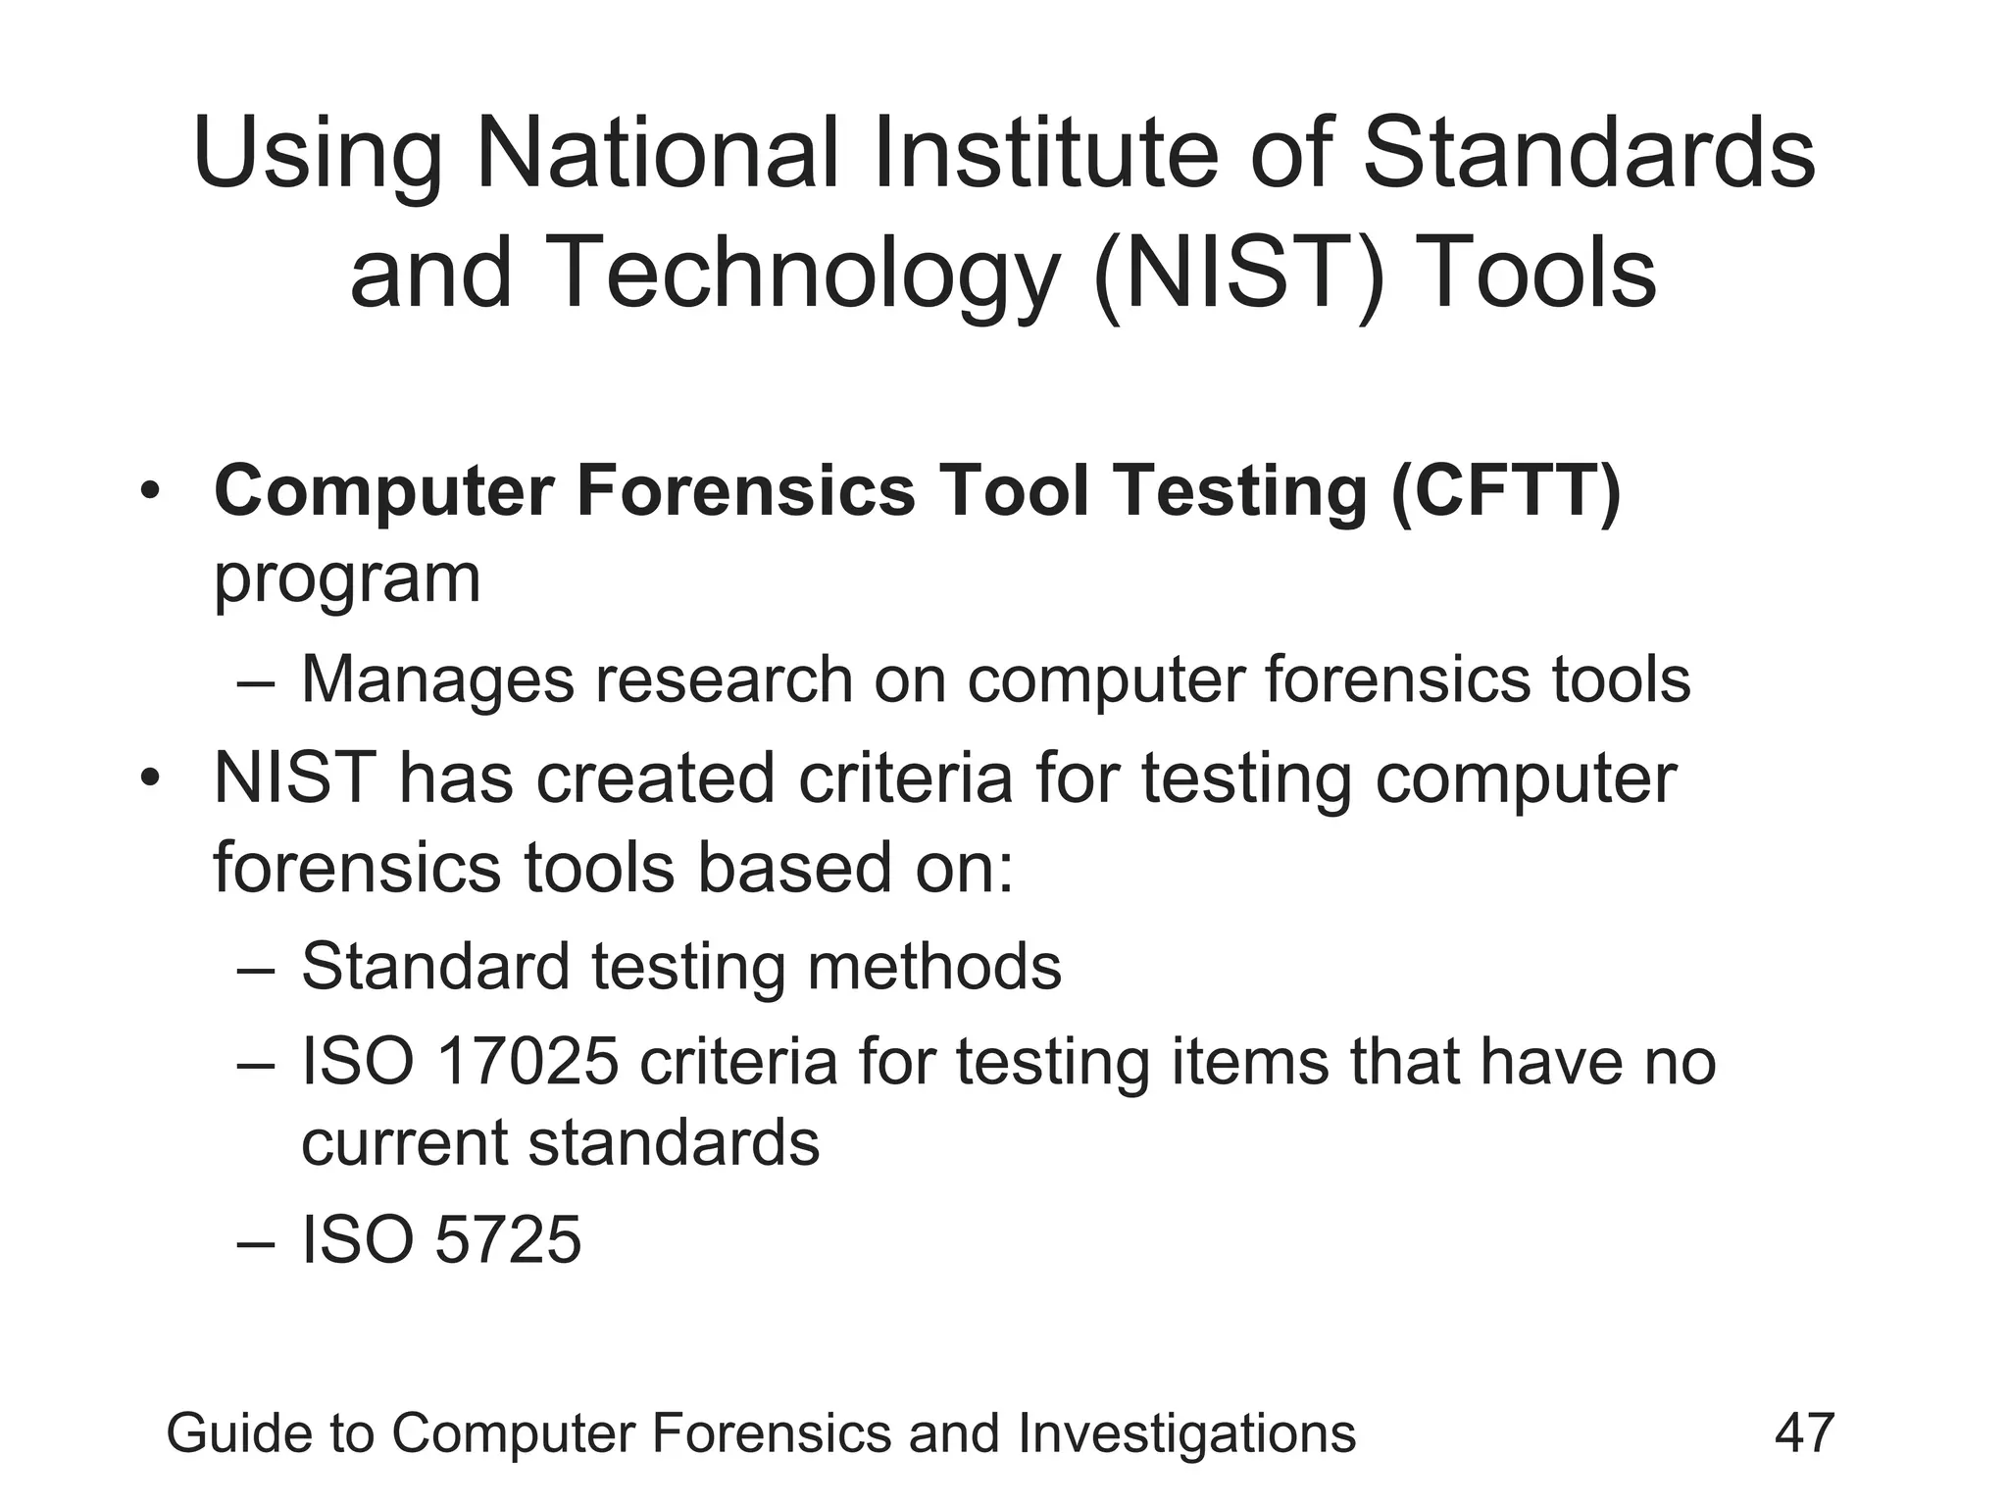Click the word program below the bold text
pyautogui.click(x=347, y=580)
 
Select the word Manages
pyautogui.click(x=437, y=679)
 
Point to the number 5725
pyautogui.click(x=508, y=1239)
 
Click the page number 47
pyautogui.click(x=1804, y=1432)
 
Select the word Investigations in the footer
pyautogui.click(x=1186, y=1432)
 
